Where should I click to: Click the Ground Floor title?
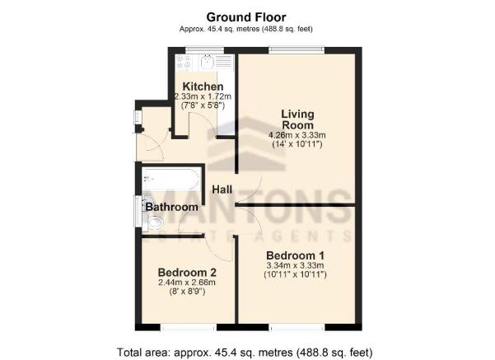coord(246,17)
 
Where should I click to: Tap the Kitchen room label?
coord(203,86)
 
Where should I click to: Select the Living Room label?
coord(297,119)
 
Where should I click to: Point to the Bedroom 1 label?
coord(295,255)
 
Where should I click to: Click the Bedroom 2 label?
coord(187,272)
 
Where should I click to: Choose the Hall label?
coord(222,189)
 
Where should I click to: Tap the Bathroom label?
coord(172,207)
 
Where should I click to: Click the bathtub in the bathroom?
coord(171,179)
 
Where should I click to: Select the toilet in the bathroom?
coord(154,222)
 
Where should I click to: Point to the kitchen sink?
coord(207,62)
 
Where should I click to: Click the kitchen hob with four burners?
coord(184,62)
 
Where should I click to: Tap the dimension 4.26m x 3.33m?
coord(297,135)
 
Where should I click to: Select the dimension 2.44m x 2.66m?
coord(187,283)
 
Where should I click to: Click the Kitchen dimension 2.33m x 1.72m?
coord(203,96)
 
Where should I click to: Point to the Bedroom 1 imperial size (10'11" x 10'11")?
coord(295,274)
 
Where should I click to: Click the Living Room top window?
coord(297,49)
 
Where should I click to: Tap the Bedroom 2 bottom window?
coord(189,328)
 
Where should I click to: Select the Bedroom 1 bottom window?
coord(297,328)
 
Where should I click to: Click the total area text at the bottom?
coord(245,352)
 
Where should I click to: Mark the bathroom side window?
coord(138,211)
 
